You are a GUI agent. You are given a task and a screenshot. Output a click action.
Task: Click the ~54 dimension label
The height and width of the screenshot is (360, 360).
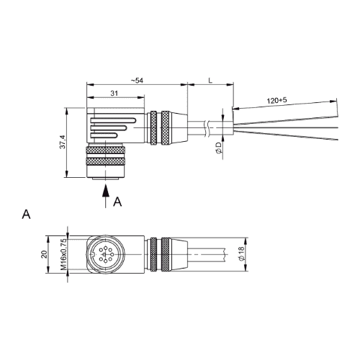click(137, 81)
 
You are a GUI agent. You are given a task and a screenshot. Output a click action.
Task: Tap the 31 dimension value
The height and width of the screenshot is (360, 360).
click(114, 93)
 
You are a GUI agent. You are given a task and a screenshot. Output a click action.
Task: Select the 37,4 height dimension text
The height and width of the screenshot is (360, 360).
click(63, 142)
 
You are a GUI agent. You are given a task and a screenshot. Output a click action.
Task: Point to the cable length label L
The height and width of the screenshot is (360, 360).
click(210, 81)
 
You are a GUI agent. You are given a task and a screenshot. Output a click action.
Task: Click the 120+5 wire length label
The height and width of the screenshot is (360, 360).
click(276, 100)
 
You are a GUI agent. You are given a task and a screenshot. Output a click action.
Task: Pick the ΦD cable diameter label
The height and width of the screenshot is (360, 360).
click(219, 148)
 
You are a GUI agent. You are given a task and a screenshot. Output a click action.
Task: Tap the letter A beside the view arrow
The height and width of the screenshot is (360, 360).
click(117, 202)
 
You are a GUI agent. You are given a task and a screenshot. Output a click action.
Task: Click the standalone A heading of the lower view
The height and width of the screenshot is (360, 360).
click(26, 214)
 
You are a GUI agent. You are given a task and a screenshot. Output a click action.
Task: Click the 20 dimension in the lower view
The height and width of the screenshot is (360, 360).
click(44, 254)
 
